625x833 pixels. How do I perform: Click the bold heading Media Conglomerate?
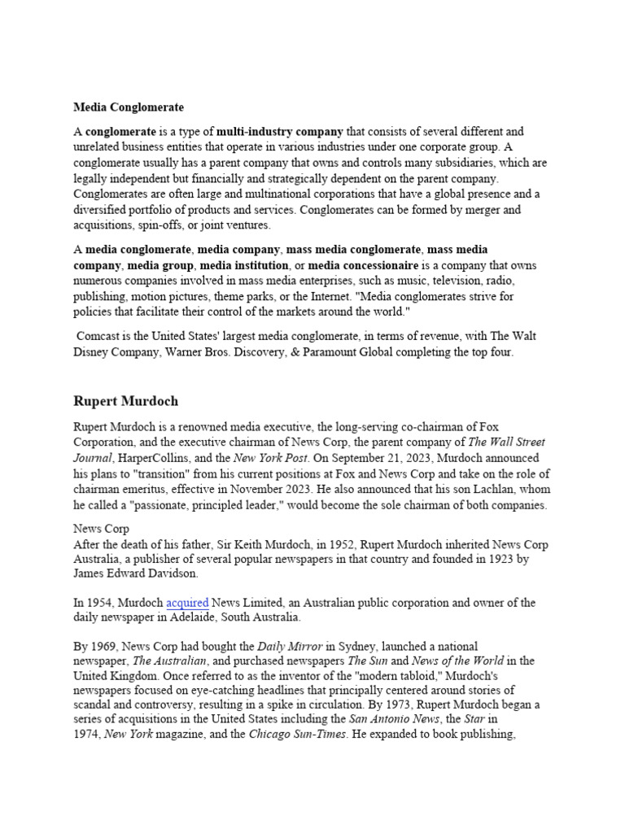coord(129,107)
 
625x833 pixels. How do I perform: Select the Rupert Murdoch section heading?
coord(126,401)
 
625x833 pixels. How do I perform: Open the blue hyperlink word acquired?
coord(187,603)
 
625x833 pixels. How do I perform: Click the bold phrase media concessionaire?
coord(363,265)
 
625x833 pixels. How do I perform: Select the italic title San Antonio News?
coord(386,720)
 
